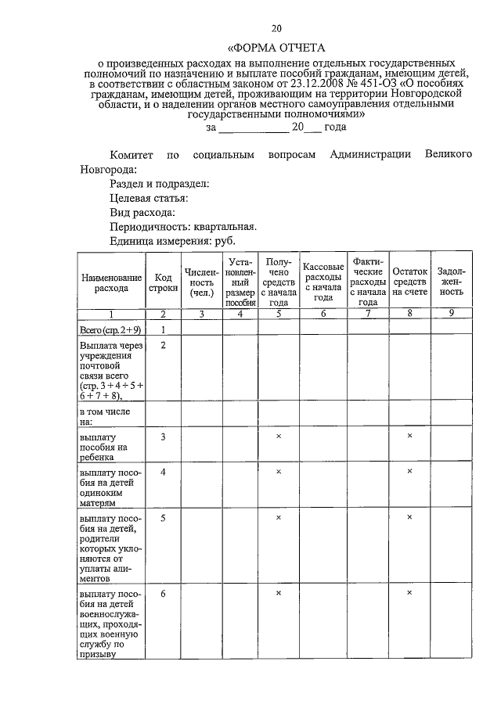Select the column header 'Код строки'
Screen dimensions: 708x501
(x=163, y=282)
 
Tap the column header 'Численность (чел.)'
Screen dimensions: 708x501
(x=201, y=282)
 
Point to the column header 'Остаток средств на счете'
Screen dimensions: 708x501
(x=409, y=282)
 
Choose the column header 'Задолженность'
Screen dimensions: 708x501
(x=450, y=282)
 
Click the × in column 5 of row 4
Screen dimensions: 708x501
(x=279, y=472)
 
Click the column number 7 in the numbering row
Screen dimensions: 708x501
(x=368, y=314)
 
